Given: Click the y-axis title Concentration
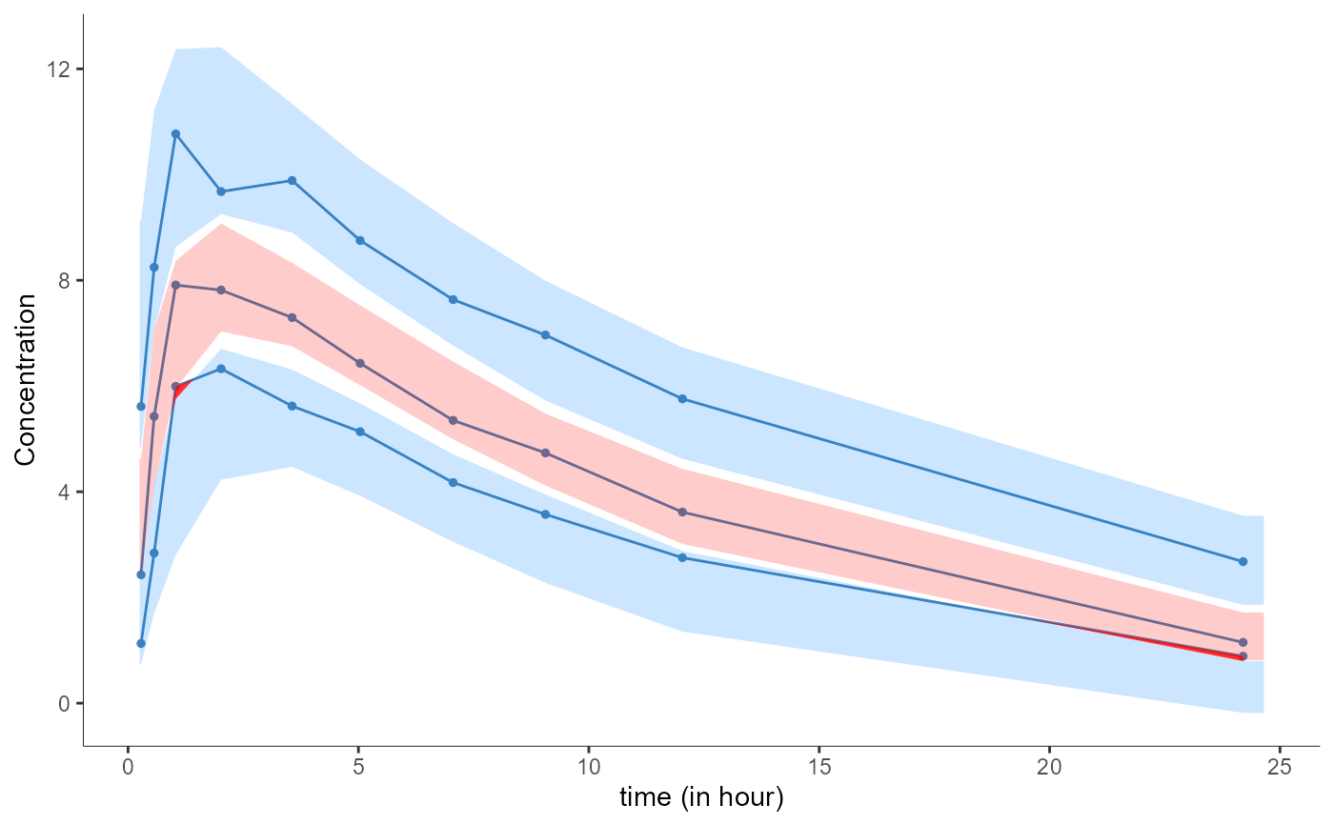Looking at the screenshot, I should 26,379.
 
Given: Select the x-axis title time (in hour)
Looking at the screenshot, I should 701,797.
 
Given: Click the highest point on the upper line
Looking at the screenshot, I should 175,134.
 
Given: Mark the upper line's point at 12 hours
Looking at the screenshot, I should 682,398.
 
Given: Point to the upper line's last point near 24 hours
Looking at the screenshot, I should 1243,562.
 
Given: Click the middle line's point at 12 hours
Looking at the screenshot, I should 682,513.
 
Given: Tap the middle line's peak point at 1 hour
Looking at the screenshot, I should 175,285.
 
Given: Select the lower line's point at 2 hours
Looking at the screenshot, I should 221,369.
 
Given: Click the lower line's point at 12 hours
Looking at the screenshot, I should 682,557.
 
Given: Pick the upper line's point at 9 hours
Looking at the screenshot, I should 545,335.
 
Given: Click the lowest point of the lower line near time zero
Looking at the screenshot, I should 141,643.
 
